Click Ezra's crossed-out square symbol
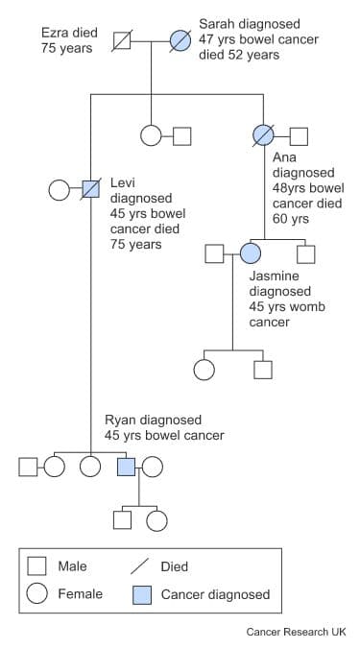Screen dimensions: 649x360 pos(122,40)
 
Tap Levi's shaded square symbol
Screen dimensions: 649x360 pos(91,188)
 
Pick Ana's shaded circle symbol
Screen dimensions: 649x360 pos(262,135)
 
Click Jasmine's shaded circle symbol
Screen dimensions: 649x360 pos(251,253)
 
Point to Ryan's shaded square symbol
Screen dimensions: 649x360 pos(126,467)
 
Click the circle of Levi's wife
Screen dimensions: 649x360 pos(60,188)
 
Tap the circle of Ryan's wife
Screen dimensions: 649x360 pos(152,467)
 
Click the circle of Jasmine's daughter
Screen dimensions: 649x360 pos(204,369)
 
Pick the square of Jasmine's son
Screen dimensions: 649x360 pos(262,369)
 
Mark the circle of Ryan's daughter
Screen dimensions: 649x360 pos(156,520)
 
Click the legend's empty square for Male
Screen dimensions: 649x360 pos(37,566)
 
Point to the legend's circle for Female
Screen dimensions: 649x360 pos(37,594)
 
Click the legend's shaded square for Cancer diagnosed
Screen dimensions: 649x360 pos(140,594)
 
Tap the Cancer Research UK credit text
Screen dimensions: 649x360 pos(296,632)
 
